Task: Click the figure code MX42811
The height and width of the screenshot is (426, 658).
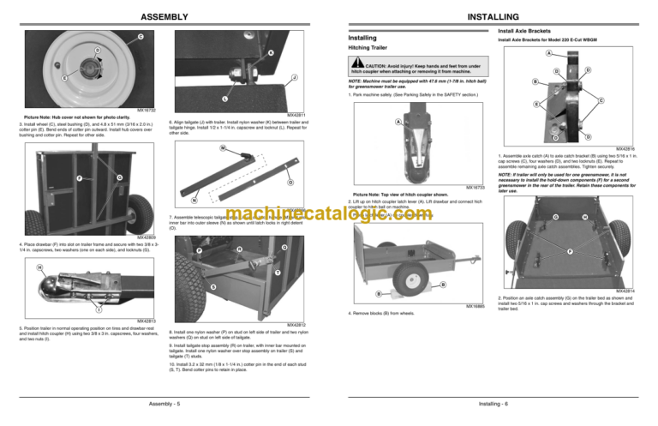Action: point(295,114)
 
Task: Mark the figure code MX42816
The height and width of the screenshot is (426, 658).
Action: point(637,147)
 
